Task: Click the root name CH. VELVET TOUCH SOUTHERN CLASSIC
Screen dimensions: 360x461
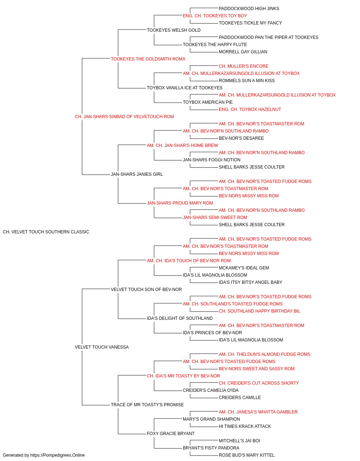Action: click(x=46, y=232)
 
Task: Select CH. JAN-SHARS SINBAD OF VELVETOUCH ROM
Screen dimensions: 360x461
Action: click(x=124, y=117)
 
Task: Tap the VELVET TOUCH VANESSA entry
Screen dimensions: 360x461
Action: click(x=102, y=347)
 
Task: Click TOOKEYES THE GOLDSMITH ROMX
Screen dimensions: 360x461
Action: click(x=148, y=59)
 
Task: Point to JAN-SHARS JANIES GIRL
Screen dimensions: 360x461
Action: click(x=137, y=174)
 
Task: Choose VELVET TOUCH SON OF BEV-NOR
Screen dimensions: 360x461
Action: click(x=146, y=289)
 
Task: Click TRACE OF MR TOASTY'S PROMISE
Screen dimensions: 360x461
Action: click(x=147, y=404)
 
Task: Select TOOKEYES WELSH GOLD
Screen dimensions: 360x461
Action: click(x=174, y=30)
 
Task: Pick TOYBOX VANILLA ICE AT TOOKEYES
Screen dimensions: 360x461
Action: click(x=185, y=88)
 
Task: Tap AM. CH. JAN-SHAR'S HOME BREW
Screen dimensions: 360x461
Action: click(x=182, y=145)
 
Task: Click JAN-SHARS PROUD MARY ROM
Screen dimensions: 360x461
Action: click(x=180, y=203)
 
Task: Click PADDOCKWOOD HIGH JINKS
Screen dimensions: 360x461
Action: click(x=249, y=9)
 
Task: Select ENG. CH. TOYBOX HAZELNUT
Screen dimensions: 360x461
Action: click(x=250, y=109)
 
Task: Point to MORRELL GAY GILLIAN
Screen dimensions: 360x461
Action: click(x=243, y=52)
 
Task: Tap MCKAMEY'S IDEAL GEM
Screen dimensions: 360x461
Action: click(x=244, y=268)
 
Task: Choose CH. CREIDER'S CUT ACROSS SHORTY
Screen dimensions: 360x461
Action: click(x=259, y=383)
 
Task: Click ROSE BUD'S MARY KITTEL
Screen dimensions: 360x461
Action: click(x=247, y=455)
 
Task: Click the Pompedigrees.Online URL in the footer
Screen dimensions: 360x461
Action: click(x=58, y=455)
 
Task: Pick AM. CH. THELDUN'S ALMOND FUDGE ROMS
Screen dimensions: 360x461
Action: click(x=265, y=354)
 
